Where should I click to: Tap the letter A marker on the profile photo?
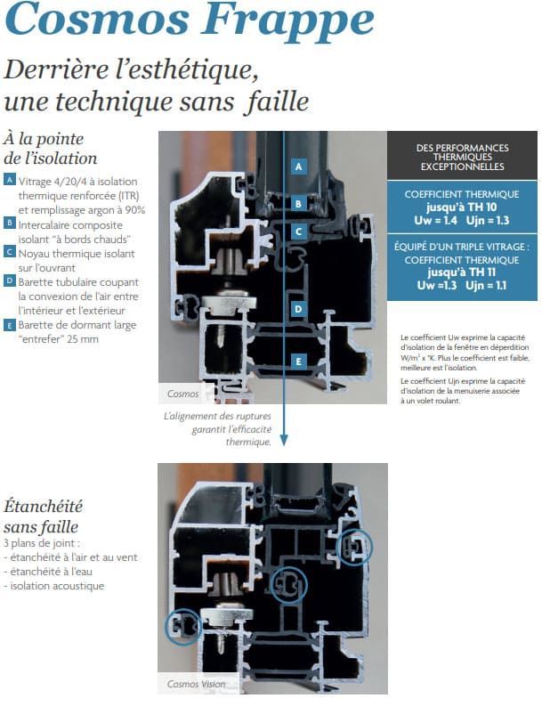pyautogui.click(x=299, y=166)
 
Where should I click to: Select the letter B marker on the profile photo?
pyautogui.click(x=299, y=203)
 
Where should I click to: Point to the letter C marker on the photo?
pyautogui.click(x=299, y=231)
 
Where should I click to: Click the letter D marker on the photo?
pyautogui.click(x=299, y=308)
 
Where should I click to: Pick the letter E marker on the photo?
pyautogui.click(x=299, y=361)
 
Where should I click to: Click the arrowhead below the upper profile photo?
pyautogui.click(x=284, y=439)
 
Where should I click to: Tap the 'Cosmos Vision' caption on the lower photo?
pyautogui.click(x=196, y=684)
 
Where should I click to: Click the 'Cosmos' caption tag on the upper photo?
pyautogui.click(x=183, y=393)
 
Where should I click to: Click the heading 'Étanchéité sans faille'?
pyautogui.click(x=44, y=516)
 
